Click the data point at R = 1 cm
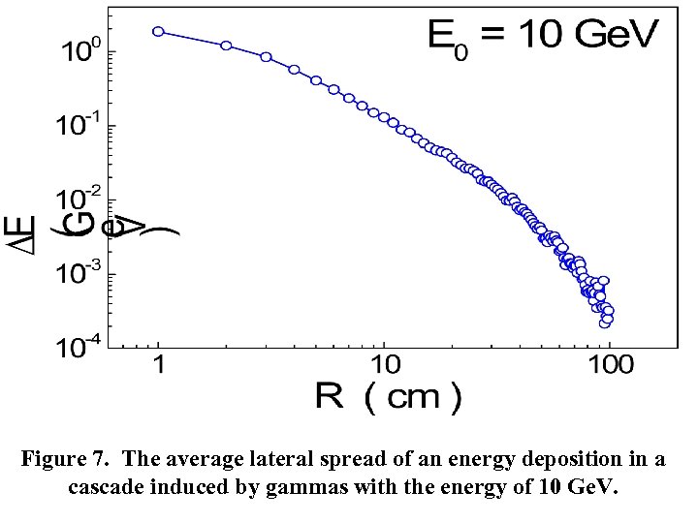(158, 31)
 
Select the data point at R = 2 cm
(226, 46)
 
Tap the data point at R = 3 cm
(266, 57)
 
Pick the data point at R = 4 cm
(294, 70)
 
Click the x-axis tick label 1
(159, 367)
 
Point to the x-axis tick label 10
(384, 367)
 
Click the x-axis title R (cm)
(388, 397)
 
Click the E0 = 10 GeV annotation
(543, 39)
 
